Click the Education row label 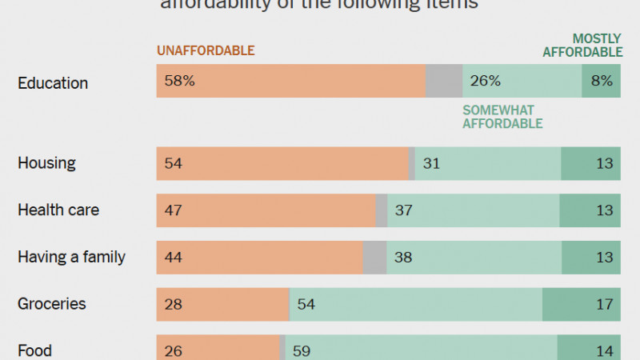click(x=53, y=83)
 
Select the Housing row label click(x=46, y=163)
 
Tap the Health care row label click(x=58, y=210)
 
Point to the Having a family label click(x=71, y=258)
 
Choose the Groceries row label click(x=51, y=304)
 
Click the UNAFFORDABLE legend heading click(x=206, y=50)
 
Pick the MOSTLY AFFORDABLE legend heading click(x=583, y=46)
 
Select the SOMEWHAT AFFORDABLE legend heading click(x=502, y=117)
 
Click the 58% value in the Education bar click(x=179, y=81)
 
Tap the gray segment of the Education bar click(x=443, y=81)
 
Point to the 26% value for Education click(x=486, y=81)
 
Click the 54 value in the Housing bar click(x=174, y=163)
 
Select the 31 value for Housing click(x=432, y=163)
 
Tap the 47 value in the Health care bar click(x=174, y=210)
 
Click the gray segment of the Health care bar click(x=382, y=210)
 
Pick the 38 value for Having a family click(x=404, y=258)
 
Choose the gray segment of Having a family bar click(x=374, y=258)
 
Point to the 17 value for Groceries click(x=604, y=304)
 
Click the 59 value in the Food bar click(x=302, y=350)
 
